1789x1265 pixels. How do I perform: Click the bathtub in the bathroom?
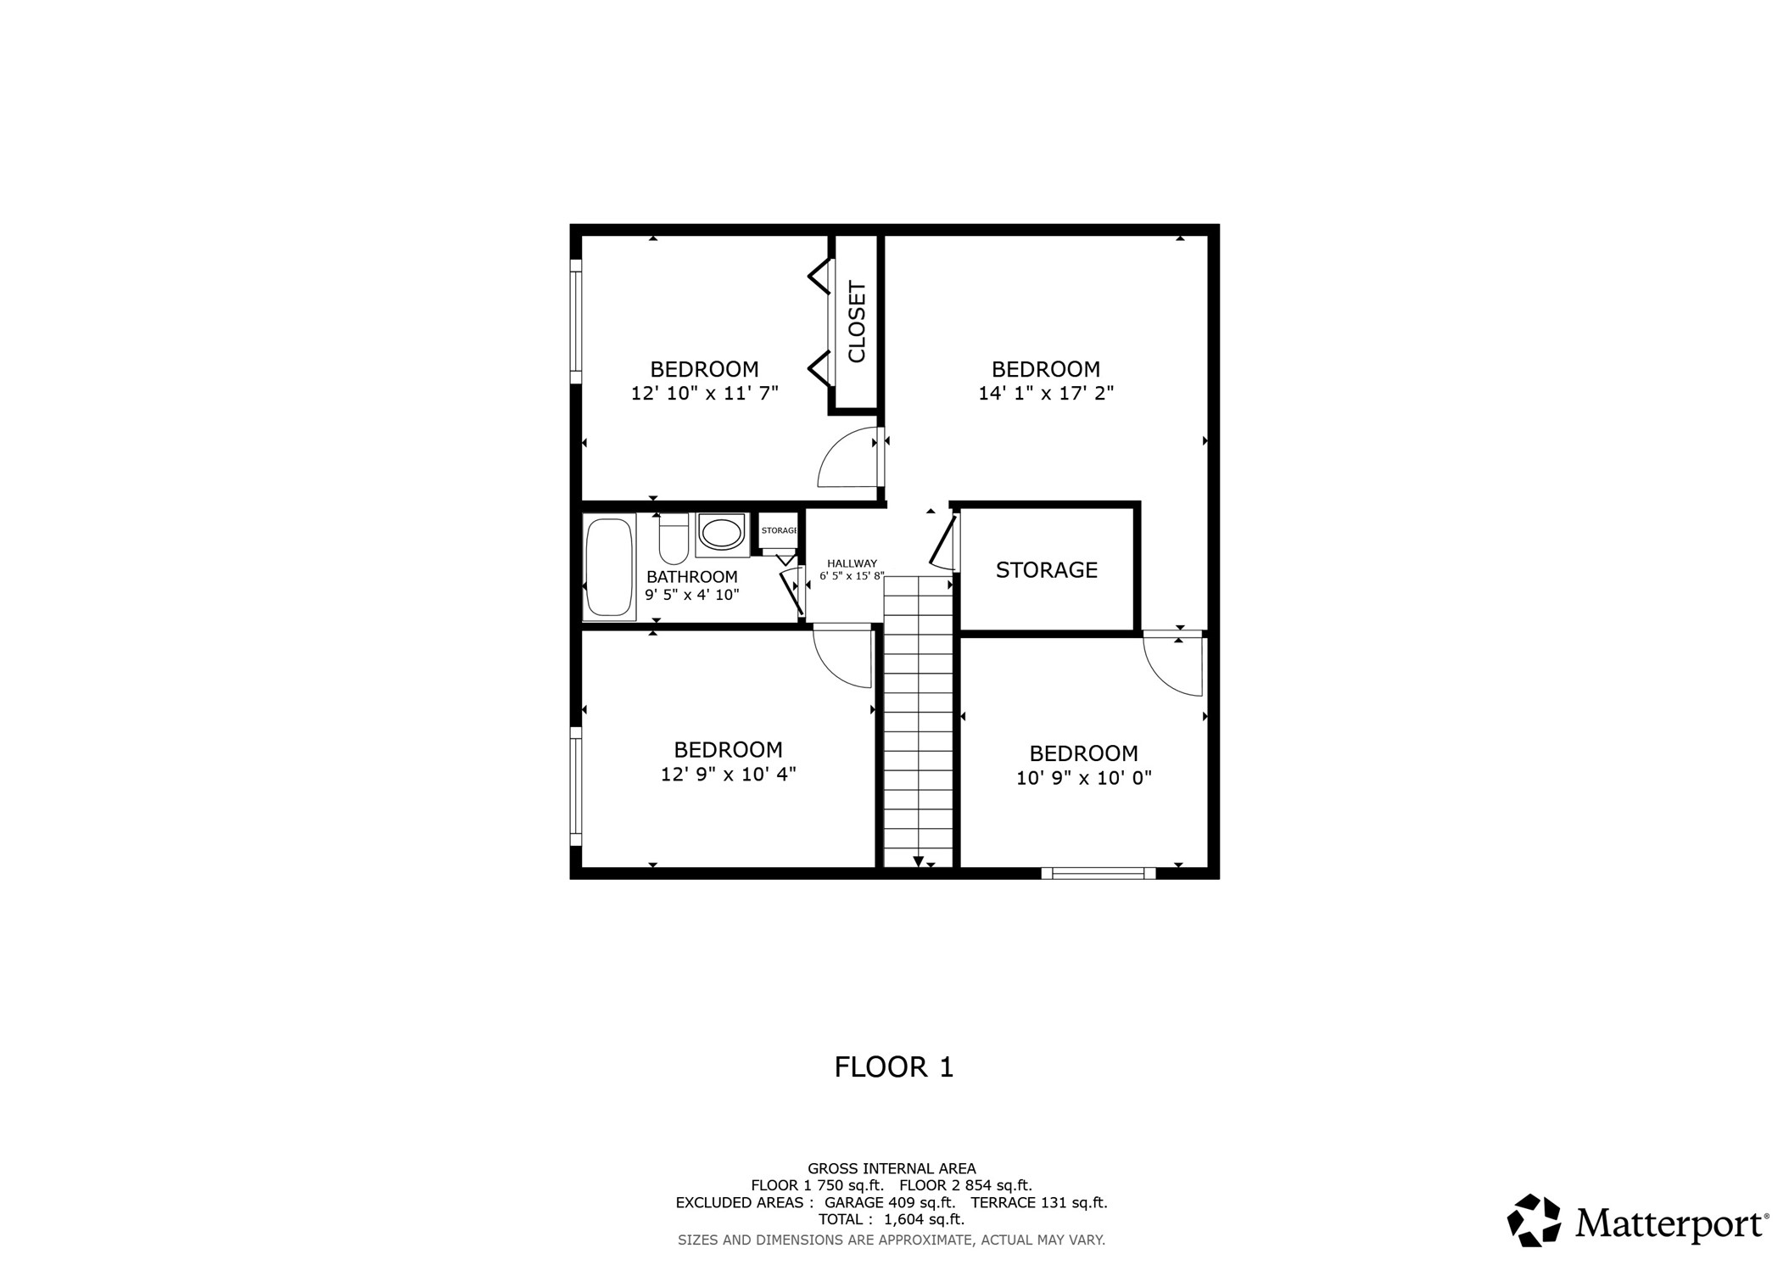609,566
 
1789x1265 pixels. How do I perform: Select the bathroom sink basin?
722,535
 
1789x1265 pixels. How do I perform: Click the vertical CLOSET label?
857,322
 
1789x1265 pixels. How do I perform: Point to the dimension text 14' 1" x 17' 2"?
1045,394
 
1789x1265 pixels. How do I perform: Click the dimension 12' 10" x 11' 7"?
704,394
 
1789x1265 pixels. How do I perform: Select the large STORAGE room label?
1046,570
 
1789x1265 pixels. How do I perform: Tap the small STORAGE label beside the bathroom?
779,531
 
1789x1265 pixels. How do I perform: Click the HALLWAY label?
852,563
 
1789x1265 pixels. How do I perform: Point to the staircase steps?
919,721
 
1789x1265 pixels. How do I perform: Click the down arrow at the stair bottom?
918,862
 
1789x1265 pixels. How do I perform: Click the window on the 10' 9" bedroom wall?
1098,872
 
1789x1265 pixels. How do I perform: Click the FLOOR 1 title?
894,1067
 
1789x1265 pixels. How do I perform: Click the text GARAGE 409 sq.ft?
889,1202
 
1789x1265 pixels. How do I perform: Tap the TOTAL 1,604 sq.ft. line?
891,1219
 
